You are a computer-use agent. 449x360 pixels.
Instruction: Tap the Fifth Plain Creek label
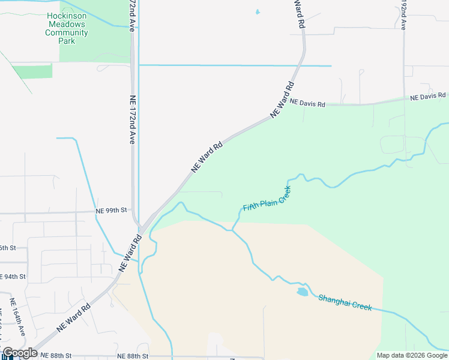click(267, 199)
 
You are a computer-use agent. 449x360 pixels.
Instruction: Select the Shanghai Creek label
click(345, 302)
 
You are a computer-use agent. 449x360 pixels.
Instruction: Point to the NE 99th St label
click(112, 211)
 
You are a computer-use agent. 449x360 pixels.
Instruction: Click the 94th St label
click(12, 277)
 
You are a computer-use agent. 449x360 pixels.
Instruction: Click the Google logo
click(19, 353)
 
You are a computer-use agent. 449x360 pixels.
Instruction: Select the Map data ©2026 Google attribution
click(412, 355)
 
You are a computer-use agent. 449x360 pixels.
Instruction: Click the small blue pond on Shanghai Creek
click(301, 292)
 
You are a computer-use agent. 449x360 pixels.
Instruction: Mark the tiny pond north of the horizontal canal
click(258, 11)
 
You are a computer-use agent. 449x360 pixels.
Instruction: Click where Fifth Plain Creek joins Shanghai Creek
click(232, 230)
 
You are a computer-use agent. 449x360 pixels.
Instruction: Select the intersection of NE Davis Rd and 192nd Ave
click(404, 100)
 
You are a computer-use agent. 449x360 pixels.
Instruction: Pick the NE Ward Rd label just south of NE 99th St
click(130, 253)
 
